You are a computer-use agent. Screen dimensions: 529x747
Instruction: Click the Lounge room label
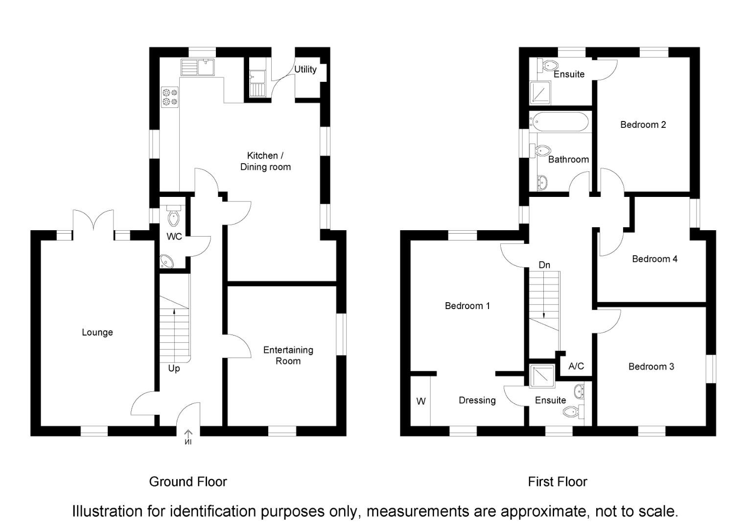coord(97,332)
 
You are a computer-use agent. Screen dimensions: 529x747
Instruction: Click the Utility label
coord(305,70)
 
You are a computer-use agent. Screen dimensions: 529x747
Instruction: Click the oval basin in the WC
coord(167,262)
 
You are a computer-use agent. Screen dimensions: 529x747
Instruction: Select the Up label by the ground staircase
coord(174,368)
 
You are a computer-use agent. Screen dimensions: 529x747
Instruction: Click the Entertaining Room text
coord(288,355)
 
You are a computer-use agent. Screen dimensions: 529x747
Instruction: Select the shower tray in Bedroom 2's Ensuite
coord(541,93)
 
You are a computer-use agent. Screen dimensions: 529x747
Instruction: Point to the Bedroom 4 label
coord(654,259)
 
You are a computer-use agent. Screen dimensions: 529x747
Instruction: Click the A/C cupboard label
coord(576,366)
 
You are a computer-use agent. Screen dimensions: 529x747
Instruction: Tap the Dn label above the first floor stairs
coord(544,265)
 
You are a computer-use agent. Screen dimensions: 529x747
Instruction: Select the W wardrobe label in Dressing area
coord(421,401)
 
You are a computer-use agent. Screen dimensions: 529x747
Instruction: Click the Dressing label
coord(477,400)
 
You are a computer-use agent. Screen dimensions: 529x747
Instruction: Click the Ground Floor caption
coord(188,481)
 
